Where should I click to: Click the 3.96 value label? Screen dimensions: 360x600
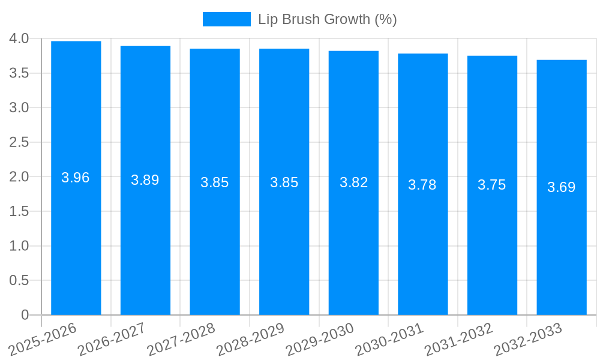[x=76, y=178]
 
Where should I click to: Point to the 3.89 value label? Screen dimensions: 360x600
[x=145, y=180]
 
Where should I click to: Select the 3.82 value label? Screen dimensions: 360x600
[x=353, y=182]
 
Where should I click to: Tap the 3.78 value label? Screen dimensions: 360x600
[x=422, y=185]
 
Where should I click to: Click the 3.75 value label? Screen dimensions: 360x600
[x=492, y=185]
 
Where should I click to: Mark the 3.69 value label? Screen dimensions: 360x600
[x=562, y=187]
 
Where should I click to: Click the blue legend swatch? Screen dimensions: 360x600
[x=226, y=19]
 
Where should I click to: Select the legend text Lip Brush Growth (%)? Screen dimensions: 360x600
[x=328, y=19]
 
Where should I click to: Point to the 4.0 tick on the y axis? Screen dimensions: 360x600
[x=19, y=39]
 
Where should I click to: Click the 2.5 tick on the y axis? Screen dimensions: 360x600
[x=19, y=142]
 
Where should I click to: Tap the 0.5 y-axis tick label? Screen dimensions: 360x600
[x=19, y=280]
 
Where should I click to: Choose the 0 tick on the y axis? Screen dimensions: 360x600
[x=25, y=315]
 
